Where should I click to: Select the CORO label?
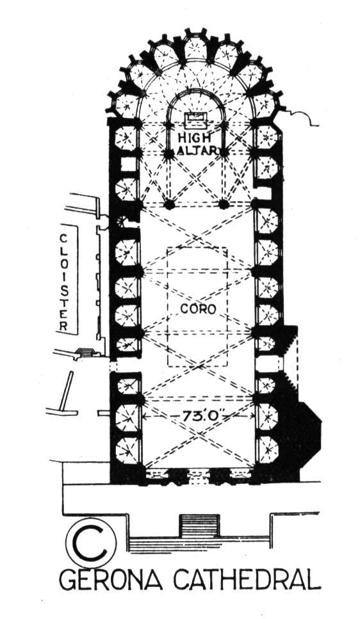click(x=199, y=309)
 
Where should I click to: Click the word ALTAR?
click(x=197, y=150)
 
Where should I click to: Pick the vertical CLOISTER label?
click(x=64, y=282)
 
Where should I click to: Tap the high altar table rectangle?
click(x=197, y=119)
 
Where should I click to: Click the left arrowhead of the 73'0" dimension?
click(x=145, y=416)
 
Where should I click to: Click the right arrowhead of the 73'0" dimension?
click(x=252, y=416)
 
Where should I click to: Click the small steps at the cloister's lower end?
click(x=86, y=351)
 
